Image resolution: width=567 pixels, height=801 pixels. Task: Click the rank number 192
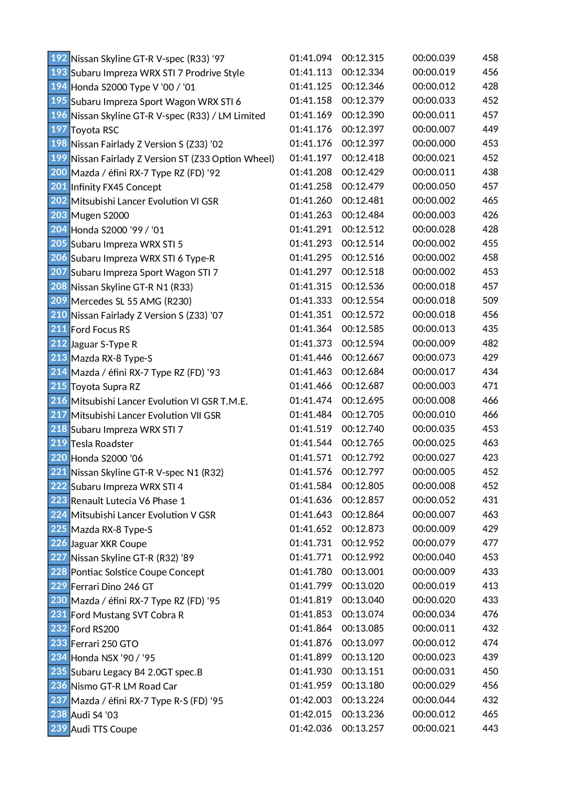[59, 58]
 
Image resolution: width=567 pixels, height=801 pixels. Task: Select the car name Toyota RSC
[95, 130]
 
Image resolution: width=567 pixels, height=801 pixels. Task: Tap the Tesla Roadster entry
[102, 444]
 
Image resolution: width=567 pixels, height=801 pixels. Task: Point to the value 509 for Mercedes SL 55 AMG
[490, 300]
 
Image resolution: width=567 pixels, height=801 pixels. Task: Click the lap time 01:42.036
[311, 728]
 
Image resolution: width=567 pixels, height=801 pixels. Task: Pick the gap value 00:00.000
[434, 143]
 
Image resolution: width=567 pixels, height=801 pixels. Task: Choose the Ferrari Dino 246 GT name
[112, 586]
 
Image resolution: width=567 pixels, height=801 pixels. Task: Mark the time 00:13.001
[363, 572]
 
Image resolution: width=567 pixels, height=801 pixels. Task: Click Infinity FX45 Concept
[116, 187]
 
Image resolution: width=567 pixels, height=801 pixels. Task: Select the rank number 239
[59, 728]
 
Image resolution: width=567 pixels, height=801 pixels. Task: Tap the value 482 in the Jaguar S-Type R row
[490, 343]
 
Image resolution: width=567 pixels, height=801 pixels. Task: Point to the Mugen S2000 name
[100, 216]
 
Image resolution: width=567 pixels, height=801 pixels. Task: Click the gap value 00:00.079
[434, 543]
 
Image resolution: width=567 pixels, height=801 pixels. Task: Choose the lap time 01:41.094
[311, 58]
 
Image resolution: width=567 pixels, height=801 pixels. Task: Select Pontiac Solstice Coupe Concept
[138, 572]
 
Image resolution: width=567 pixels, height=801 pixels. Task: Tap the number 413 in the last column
[490, 586]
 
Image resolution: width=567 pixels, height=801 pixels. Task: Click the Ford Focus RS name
[101, 330]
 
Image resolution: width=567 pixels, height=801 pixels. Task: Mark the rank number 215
[59, 386]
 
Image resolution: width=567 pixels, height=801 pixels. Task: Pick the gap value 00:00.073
[434, 358]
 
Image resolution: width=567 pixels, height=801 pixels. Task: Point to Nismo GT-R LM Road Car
[124, 686]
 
